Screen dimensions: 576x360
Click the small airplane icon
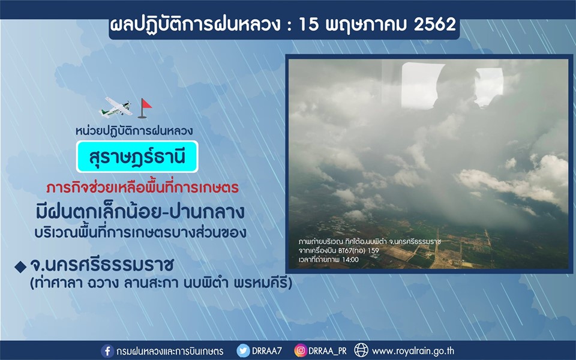click(x=116, y=107)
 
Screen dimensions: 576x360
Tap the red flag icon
click(x=145, y=108)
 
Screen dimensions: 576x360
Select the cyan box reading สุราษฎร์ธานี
click(x=137, y=157)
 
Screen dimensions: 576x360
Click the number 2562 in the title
click(x=434, y=24)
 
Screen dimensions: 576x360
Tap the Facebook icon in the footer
click(x=107, y=351)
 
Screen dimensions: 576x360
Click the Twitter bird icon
click(x=243, y=351)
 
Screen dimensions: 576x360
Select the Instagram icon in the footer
click(x=300, y=351)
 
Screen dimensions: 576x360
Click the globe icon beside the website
click(x=361, y=350)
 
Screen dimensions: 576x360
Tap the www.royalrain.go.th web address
click(x=413, y=351)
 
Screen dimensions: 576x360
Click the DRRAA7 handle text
click(x=266, y=351)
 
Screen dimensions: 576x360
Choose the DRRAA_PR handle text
click(x=328, y=351)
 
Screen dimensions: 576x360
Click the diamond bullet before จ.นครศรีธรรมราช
click(x=20, y=266)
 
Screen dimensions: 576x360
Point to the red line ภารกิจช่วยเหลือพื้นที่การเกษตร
click(x=143, y=188)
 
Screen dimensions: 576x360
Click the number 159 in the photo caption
click(x=373, y=251)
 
